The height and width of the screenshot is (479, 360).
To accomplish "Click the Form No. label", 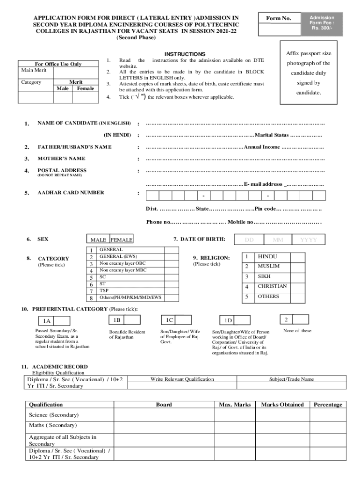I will click(279, 18).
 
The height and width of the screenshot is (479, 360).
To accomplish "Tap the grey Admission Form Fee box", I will click(323, 22).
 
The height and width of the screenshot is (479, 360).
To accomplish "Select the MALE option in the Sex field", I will click(98, 240).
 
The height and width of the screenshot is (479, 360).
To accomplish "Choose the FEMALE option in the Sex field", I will click(122, 240).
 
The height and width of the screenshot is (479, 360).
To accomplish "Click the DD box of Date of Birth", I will click(249, 239).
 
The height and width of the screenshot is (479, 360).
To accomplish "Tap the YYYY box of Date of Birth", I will click(308, 239).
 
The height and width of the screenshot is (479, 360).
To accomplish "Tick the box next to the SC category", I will click(171, 277).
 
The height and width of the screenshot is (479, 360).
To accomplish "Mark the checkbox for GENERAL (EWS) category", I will click(171, 257).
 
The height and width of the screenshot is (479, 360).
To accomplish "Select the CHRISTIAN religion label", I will click(272, 286).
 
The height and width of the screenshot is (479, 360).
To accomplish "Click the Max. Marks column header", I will click(235, 405).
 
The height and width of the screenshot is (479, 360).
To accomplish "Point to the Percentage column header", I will click(328, 405).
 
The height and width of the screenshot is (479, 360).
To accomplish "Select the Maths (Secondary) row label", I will click(52, 425).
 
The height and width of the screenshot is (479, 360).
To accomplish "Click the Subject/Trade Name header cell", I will click(291, 379).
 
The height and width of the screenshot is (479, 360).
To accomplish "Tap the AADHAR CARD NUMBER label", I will click(71, 192).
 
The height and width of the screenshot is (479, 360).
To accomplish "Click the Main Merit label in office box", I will click(34, 70).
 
